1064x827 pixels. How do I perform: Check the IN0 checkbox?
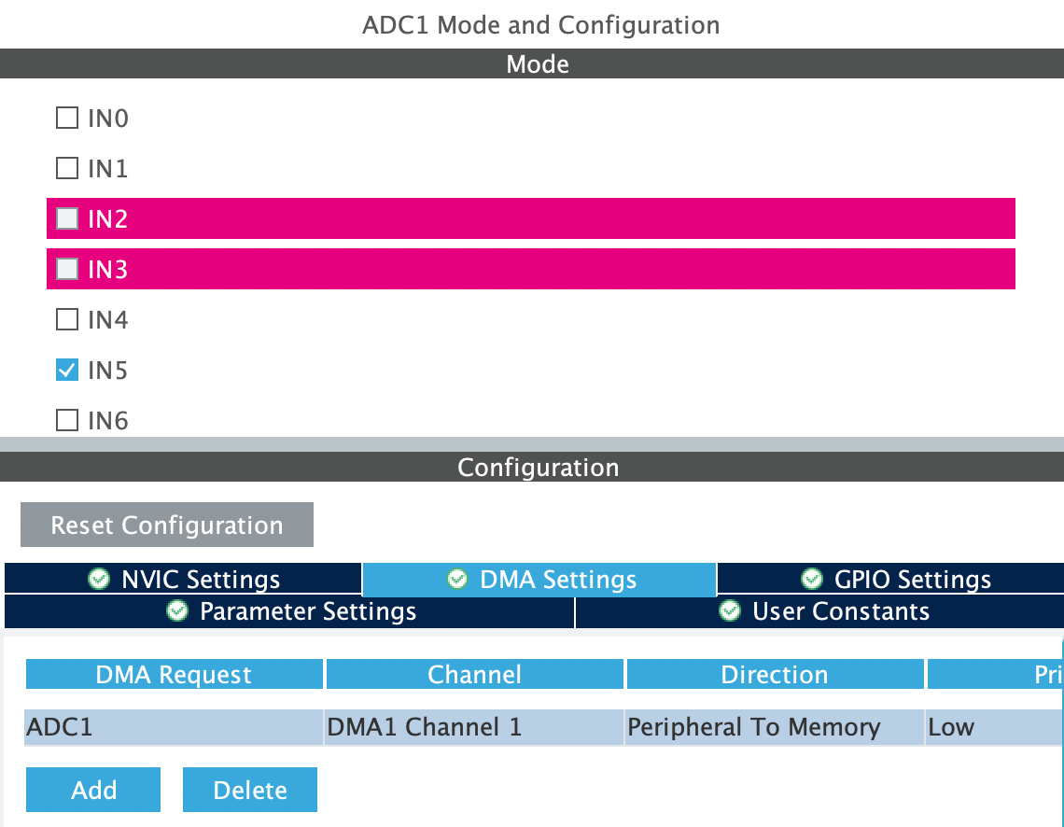(66, 118)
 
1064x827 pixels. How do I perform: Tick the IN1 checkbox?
(66, 168)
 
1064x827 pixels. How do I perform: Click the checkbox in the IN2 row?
(66, 218)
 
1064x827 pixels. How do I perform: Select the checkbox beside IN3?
(66, 269)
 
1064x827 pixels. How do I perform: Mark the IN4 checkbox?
(66, 319)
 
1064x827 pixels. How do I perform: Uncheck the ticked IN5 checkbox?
(66, 370)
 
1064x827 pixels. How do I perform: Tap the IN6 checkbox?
(66, 420)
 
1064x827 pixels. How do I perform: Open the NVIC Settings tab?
(183, 579)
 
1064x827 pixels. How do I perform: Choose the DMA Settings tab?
(539, 580)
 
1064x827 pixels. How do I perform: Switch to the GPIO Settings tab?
(891, 579)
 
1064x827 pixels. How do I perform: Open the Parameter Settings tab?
(289, 611)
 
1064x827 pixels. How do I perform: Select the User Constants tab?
(819, 611)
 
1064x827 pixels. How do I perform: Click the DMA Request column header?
(174, 674)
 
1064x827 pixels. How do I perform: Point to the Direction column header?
(775, 674)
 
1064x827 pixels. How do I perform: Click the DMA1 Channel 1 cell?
(473, 727)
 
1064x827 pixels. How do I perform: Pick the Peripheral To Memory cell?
(775, 727)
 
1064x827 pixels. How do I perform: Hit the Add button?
(93, 790)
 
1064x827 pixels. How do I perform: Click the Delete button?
(250, 790)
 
